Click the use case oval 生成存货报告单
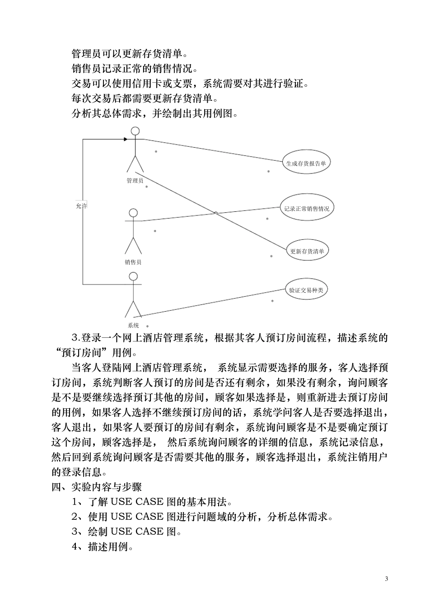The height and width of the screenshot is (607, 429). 306,163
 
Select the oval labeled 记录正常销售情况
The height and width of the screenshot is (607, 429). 307,209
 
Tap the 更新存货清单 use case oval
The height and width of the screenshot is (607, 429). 307,251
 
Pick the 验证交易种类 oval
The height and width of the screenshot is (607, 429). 306,290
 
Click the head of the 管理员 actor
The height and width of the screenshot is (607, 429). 135,131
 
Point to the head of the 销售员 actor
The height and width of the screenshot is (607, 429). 133,213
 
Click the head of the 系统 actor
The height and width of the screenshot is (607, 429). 133,276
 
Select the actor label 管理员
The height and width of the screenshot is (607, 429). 135,181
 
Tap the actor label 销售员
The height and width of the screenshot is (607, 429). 133,262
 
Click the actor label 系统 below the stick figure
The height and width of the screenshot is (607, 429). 133,325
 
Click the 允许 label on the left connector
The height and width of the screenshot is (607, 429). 81,205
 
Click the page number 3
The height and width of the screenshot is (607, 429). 386,579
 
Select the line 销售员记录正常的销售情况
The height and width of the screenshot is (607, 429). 134,69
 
